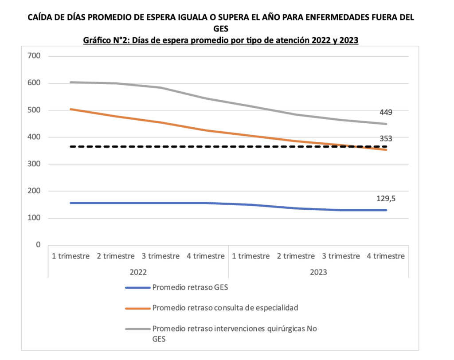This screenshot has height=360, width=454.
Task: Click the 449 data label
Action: [x=386, y=112]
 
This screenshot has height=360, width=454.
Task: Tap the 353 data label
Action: [x=386, y=139]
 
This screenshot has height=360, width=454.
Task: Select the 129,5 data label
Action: [x=386, y=199]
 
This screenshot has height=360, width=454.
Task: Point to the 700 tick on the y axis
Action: [x=33, y=56]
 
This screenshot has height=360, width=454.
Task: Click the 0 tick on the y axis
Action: [x=38, y=245]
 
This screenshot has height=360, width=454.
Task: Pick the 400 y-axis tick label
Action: [x=33, y=137]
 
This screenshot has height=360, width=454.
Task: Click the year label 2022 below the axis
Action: [x=138, y=271]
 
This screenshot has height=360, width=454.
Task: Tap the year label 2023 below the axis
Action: [x=318, y=271]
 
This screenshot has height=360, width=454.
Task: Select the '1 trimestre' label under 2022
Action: [x=70, y=256]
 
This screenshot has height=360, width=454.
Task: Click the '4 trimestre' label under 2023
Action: [x=386, y=256]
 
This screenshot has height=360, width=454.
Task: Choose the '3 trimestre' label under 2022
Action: [x=160, y=256]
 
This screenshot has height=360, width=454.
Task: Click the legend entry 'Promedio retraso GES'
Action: [x=190, y=287]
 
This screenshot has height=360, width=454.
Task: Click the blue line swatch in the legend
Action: [x=137, y=287]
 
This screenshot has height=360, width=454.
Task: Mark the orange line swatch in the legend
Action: [x=137, y=307]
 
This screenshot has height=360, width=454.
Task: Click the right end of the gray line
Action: [x=386, y=124]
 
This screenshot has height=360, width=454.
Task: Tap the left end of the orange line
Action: [x=71, y=109]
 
